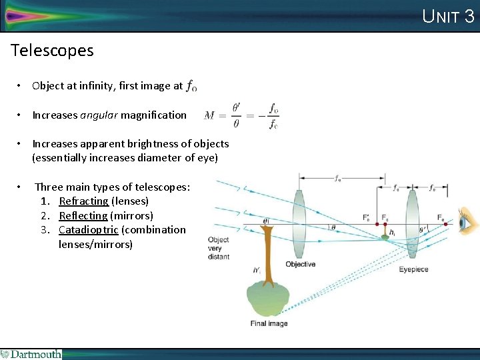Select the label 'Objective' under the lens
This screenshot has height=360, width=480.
coord(300,265)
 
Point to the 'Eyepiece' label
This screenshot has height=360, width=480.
coord(413,269)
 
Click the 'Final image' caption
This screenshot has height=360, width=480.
coord(269,323)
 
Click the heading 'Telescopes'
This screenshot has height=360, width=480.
coord(53,50)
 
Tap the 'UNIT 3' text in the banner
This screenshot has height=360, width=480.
coord(448,16)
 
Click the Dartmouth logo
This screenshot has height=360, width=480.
coord(31,354)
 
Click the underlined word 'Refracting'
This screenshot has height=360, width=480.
coord(83,201)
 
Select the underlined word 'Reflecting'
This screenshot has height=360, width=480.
coord(83,215)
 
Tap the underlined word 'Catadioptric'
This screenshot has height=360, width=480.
coord(89,229)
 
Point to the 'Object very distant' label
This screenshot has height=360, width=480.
coord(218,248)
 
